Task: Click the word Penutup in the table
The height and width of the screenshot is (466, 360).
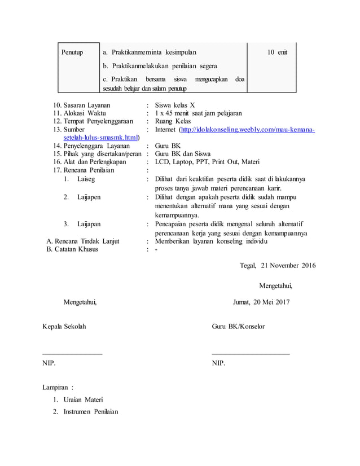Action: pyautogui.click(x=72, y=52)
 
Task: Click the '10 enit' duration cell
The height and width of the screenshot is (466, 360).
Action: pyautogui.click(x=277, y=52)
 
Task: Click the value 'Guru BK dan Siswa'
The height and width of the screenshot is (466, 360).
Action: pyautogui.click(x=183, y=153)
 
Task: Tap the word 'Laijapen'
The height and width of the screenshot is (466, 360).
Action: pyautogui.click(x=89, y=197)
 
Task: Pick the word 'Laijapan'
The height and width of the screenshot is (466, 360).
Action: pyautogui.click(x=89, y=224)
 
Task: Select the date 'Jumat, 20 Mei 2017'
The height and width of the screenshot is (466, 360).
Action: pyautogui.click(x=261, y=302)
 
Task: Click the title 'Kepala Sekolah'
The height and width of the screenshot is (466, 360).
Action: pyautogui.click(x=65, y=327)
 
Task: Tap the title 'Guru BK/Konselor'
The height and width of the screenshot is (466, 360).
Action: pyautogui.click(x=238, y=327)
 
